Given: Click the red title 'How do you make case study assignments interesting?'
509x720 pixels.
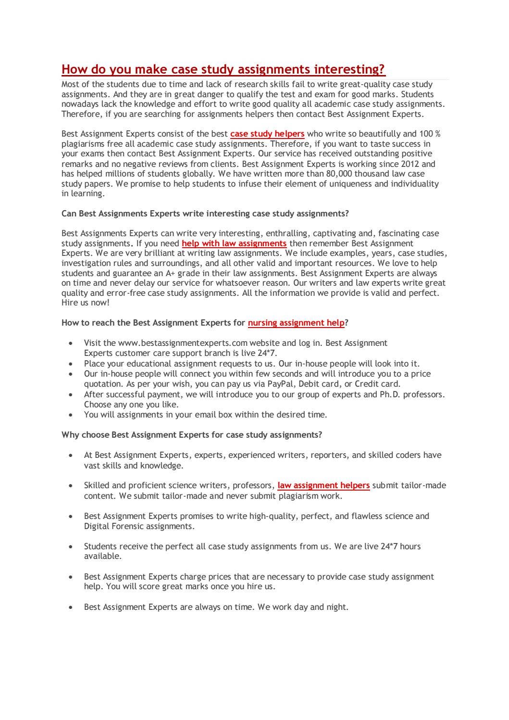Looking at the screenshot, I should (x=223, y=70).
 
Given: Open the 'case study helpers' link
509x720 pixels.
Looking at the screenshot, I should (x=267, y=134).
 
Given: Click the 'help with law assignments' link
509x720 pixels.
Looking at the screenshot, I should (x=234, y=243).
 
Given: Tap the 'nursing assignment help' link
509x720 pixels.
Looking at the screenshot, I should (x=296, y=323).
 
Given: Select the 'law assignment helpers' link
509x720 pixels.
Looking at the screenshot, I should (x=323, y=486).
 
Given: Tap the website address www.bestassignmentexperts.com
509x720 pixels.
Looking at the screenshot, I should (x=183, y=343).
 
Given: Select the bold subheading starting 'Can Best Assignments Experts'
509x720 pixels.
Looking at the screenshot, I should (x=205, y=214).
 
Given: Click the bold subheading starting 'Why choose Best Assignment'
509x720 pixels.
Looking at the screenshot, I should (x=192, y=435).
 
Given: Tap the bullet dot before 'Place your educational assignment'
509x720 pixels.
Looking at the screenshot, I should (x=71, y=364).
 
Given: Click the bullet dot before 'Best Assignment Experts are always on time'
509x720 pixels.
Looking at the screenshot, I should (x=71, y=607).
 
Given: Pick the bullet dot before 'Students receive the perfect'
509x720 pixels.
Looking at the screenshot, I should (x=71, y=547).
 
